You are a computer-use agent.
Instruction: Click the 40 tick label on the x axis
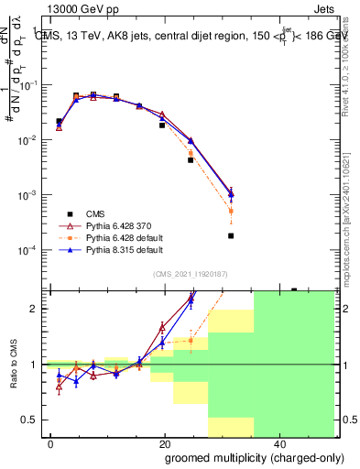click(x=278, y=442)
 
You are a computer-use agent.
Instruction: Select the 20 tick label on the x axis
click(x=165, y=442)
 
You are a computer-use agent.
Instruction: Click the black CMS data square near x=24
click(x=191, y=160)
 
